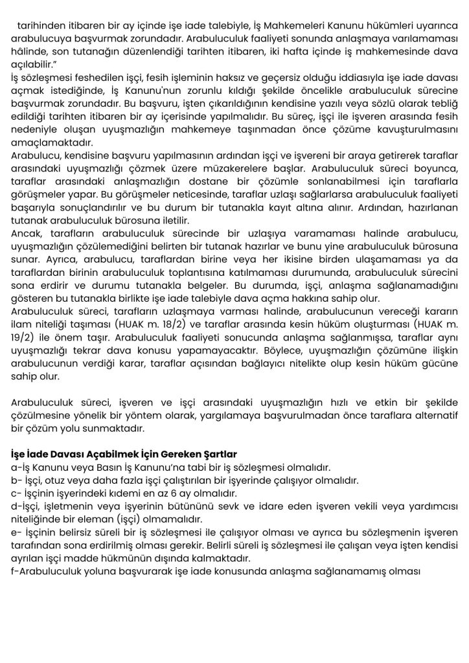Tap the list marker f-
(x=16, y=572)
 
